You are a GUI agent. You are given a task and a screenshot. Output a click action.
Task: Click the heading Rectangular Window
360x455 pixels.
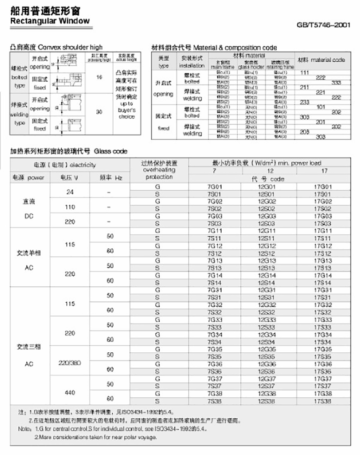point(49,21)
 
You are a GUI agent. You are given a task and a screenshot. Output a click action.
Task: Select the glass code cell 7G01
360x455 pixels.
point(215,187)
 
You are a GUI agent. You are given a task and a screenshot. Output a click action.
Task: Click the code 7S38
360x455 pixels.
point(215,401)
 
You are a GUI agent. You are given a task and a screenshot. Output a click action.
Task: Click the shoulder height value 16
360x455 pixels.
point(100,77)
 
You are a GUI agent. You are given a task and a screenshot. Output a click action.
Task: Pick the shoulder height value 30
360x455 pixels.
point(100,112)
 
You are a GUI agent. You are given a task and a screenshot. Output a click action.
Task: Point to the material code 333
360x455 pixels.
point(336,82)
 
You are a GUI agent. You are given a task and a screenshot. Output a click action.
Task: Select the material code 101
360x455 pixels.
point(321,107)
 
